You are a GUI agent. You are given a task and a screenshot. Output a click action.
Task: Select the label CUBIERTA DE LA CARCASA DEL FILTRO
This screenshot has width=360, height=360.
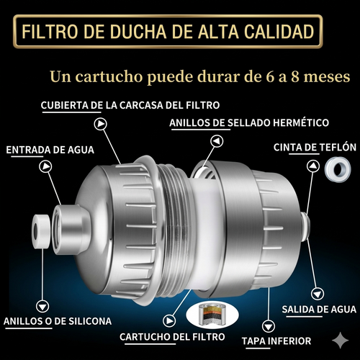(x=130, y=104)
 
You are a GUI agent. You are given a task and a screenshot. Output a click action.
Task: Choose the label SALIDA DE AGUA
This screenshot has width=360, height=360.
(x=317, y=310)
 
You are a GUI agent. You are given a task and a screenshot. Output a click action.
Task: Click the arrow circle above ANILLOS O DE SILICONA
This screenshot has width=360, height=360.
(x=45, y=304)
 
